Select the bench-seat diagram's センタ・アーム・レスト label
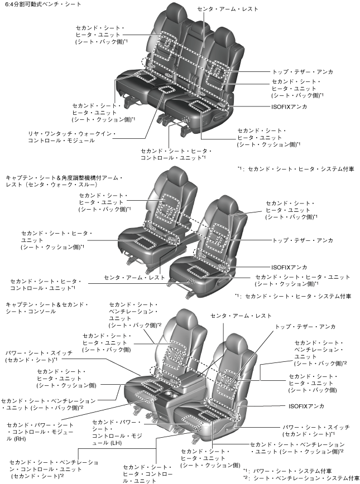[x=227, y=9]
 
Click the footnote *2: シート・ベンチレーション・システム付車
[x=301, y=478]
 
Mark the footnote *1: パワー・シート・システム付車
[x=291, y=471]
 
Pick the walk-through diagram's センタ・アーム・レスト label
[x=135, y=277]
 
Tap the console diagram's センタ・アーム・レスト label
[x=241, y=316]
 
